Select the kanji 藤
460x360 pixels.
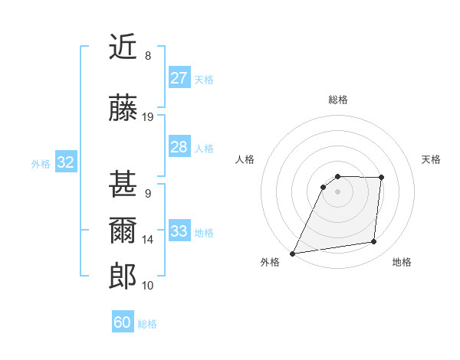coord(123,108)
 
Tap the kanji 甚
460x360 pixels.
coord(123,185)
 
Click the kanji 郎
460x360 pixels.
coord(123,276)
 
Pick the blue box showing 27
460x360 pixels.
coord(179,77)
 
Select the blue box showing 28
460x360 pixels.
coord(179,147)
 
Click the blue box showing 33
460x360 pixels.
coord(179,231)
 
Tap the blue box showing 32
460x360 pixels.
coord(65,162)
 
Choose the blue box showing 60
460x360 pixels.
coord(123,322)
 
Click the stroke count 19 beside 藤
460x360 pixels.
coord(148,117)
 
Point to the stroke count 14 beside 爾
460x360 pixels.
coord(148,240)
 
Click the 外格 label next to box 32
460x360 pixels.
coord(41,163)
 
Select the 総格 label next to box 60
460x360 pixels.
coord(147,324)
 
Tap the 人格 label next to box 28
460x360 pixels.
coord(203,148)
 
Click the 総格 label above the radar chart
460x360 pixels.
coord(337,100)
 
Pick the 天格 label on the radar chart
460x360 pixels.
coord(431,159)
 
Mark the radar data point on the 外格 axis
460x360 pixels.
coord(292,254)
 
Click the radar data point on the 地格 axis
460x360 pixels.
coord(374,242)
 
